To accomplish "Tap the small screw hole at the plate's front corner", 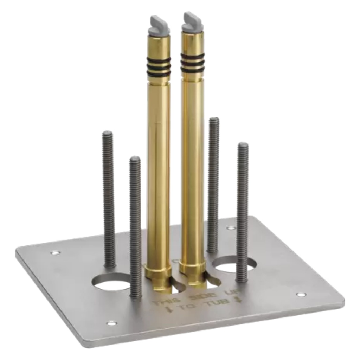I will pos(112,322).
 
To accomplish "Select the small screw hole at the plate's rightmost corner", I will pos(301,294).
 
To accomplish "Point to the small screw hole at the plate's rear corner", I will pos(231,228).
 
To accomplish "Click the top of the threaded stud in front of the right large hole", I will pos(243,145).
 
